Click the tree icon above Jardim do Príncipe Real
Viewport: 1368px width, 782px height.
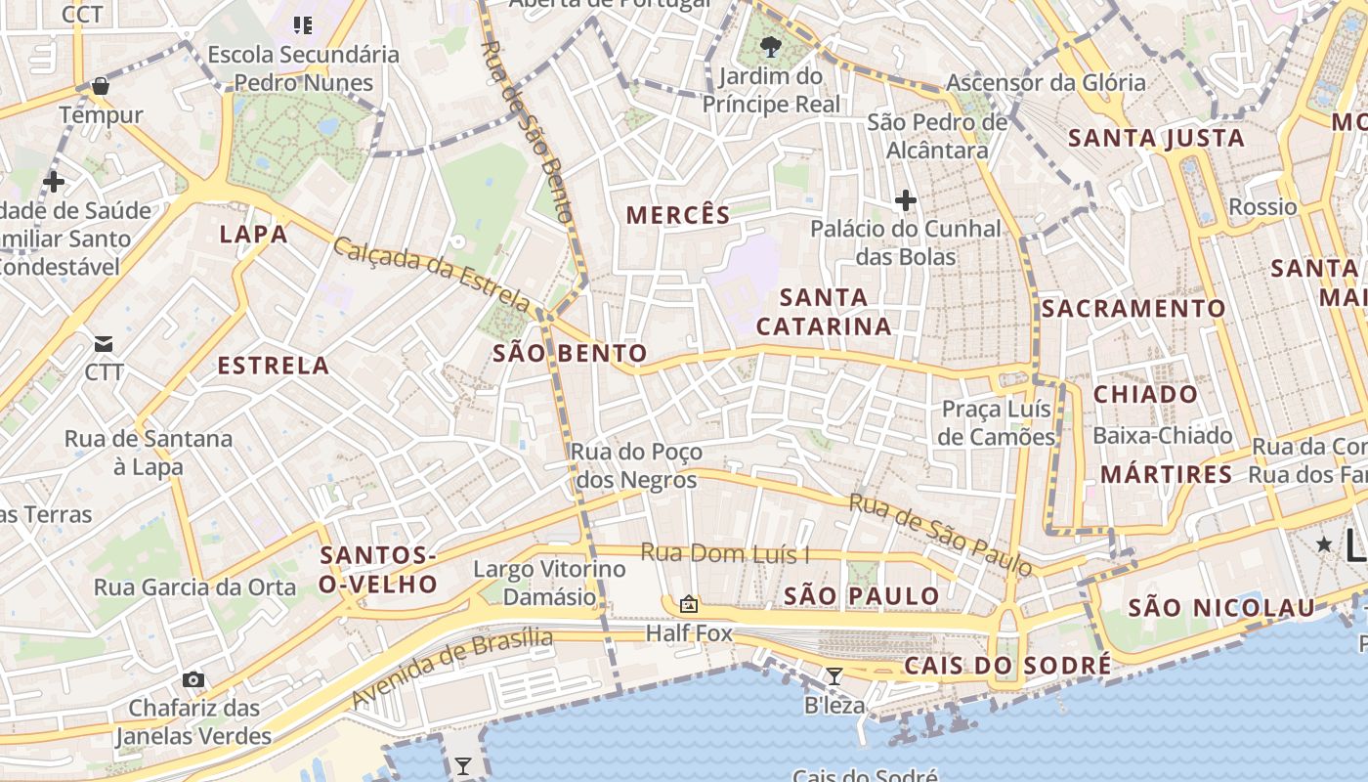(771, 46)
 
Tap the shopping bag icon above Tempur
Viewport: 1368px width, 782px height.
(100, 87)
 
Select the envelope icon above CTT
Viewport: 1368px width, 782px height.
(104, 344)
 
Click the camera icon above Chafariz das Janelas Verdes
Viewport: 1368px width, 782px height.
(193, 679)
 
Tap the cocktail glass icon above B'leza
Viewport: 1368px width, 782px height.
(834, 675)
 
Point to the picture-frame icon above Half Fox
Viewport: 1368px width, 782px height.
(689, 605)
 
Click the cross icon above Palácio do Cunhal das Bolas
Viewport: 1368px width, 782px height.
(906, 201)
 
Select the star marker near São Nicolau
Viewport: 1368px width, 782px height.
(1324, 543)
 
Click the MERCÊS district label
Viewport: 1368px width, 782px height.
(678, 215)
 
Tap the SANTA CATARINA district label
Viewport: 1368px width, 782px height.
(824, 312)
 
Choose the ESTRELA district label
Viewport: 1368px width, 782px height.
(273, 367)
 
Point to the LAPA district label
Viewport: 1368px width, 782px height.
(253, 235)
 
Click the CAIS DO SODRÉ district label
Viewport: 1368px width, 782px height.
(1007, 667)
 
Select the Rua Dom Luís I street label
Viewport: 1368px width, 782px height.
(725, 553)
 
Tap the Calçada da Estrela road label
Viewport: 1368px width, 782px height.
(432, 273)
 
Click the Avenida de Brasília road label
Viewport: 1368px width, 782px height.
(451, 668)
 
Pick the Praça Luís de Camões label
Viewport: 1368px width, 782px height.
(997, 422)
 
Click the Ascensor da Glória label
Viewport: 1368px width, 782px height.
(1046, 82)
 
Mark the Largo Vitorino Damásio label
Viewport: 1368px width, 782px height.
(548, 583)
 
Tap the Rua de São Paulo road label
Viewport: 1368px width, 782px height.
(940, 534)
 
